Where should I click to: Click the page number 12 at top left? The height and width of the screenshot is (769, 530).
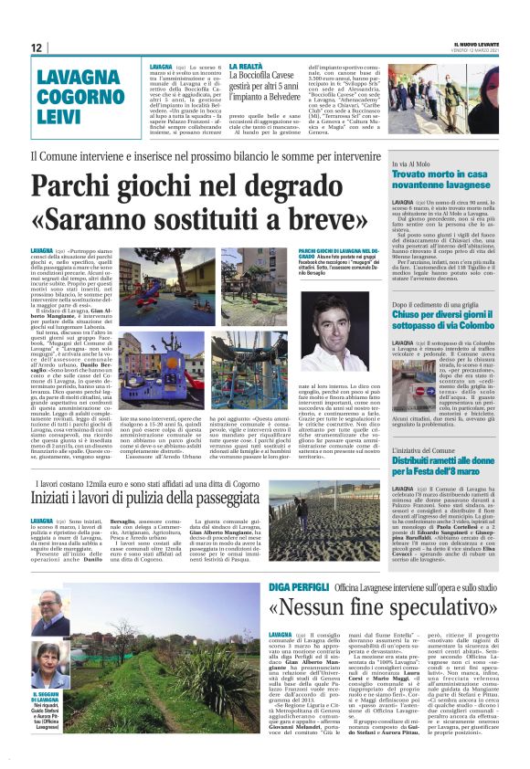[37, 47]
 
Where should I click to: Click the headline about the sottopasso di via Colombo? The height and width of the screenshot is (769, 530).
[443, 320]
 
